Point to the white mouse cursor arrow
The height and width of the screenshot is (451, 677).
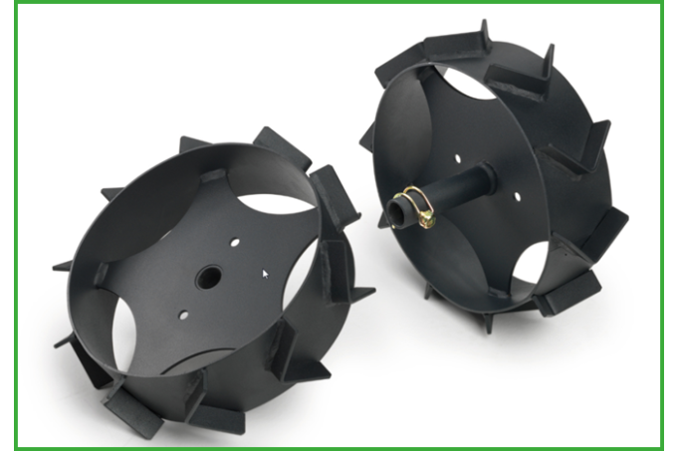click(265, 271)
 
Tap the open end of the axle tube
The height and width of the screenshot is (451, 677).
click(397, 213)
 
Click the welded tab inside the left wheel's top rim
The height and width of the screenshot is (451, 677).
click(213, 177)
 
